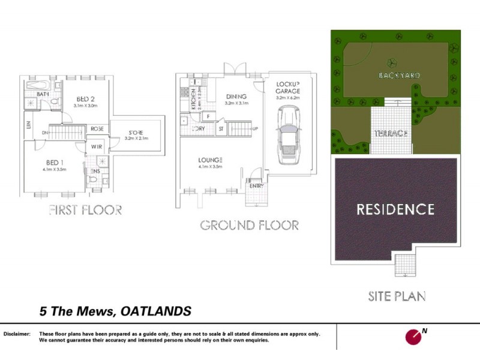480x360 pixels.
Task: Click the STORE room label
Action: [x=135, y=132]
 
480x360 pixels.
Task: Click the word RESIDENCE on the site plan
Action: [x=395, y=209]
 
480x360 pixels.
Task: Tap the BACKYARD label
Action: [x=399, y=76]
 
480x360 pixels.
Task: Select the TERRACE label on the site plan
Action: [x=391, y=133]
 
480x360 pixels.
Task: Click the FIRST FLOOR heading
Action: [x=85, y=210]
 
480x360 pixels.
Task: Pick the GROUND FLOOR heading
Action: [x=249, y=226]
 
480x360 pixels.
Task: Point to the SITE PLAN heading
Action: [x=397, y=296]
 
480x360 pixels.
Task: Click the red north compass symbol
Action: [x=413, y=336]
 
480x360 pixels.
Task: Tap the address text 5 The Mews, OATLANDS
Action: [x=115, y=311]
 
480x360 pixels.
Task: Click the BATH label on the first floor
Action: [x=43, y=94]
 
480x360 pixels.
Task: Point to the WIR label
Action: [x=96, y=146]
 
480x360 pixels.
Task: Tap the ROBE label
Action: [x=97, y=128]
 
